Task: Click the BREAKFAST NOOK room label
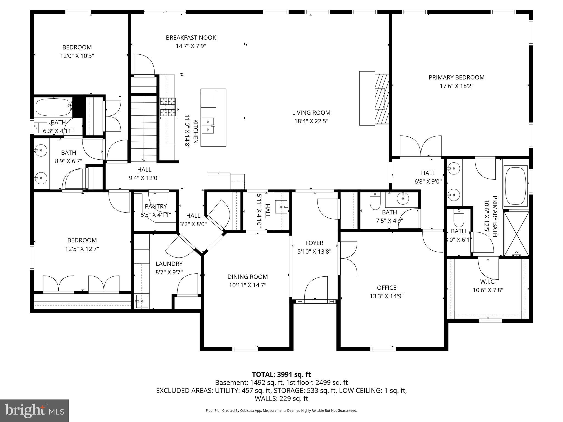(191, 38)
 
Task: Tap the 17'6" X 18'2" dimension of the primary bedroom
(456, 86)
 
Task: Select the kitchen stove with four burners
(168, 107)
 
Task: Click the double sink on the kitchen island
(208, 125)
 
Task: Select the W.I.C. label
(488, 282)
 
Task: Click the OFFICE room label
(387, 288)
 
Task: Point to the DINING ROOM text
(247, 277)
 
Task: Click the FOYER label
(314, 243)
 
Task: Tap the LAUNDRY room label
(169, 264)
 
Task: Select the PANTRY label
(156, 206)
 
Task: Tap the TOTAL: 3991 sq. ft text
(281, 374)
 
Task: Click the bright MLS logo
(34, 410)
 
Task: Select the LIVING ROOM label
(311, 113)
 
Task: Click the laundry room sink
(142, 301)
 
